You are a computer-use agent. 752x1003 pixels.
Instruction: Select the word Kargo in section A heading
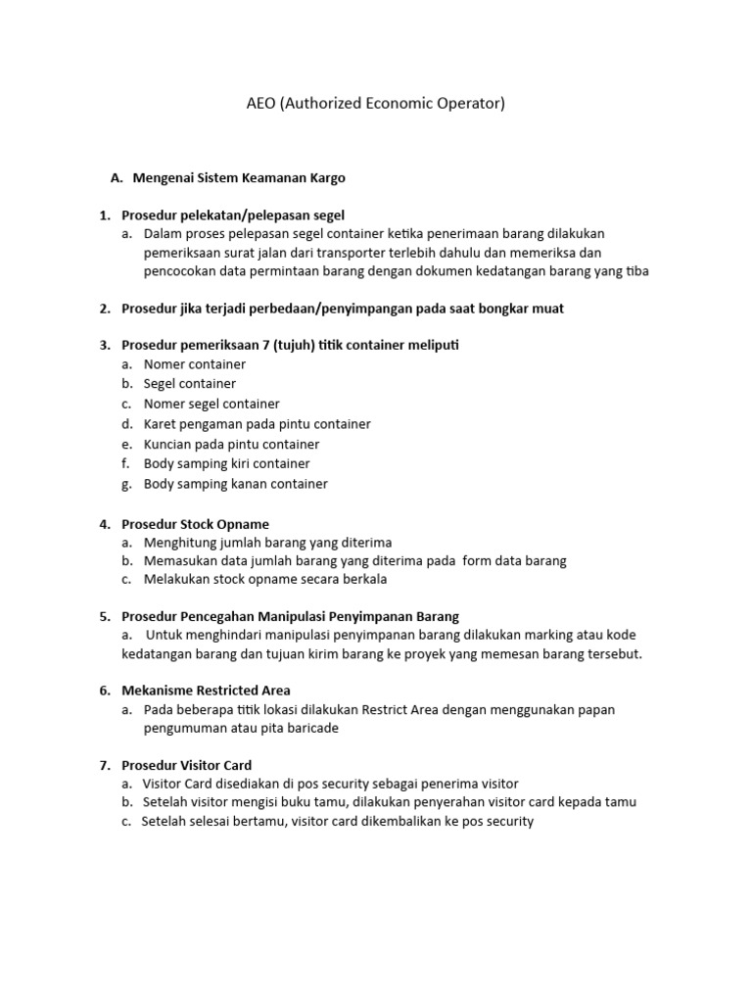tap(326, 178)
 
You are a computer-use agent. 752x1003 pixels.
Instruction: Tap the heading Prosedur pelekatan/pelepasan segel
tap(233, 215)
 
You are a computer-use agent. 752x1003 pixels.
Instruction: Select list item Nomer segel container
tap(211, 404)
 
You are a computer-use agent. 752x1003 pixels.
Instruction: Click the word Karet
tap(161, 424)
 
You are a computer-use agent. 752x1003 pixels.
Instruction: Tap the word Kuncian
tap(168, 444)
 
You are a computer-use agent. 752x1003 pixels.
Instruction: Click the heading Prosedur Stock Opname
tap(195, 524)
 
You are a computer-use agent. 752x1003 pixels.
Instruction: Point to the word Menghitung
tap(180, 542)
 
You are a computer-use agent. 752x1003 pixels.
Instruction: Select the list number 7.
tap(104, 765)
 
